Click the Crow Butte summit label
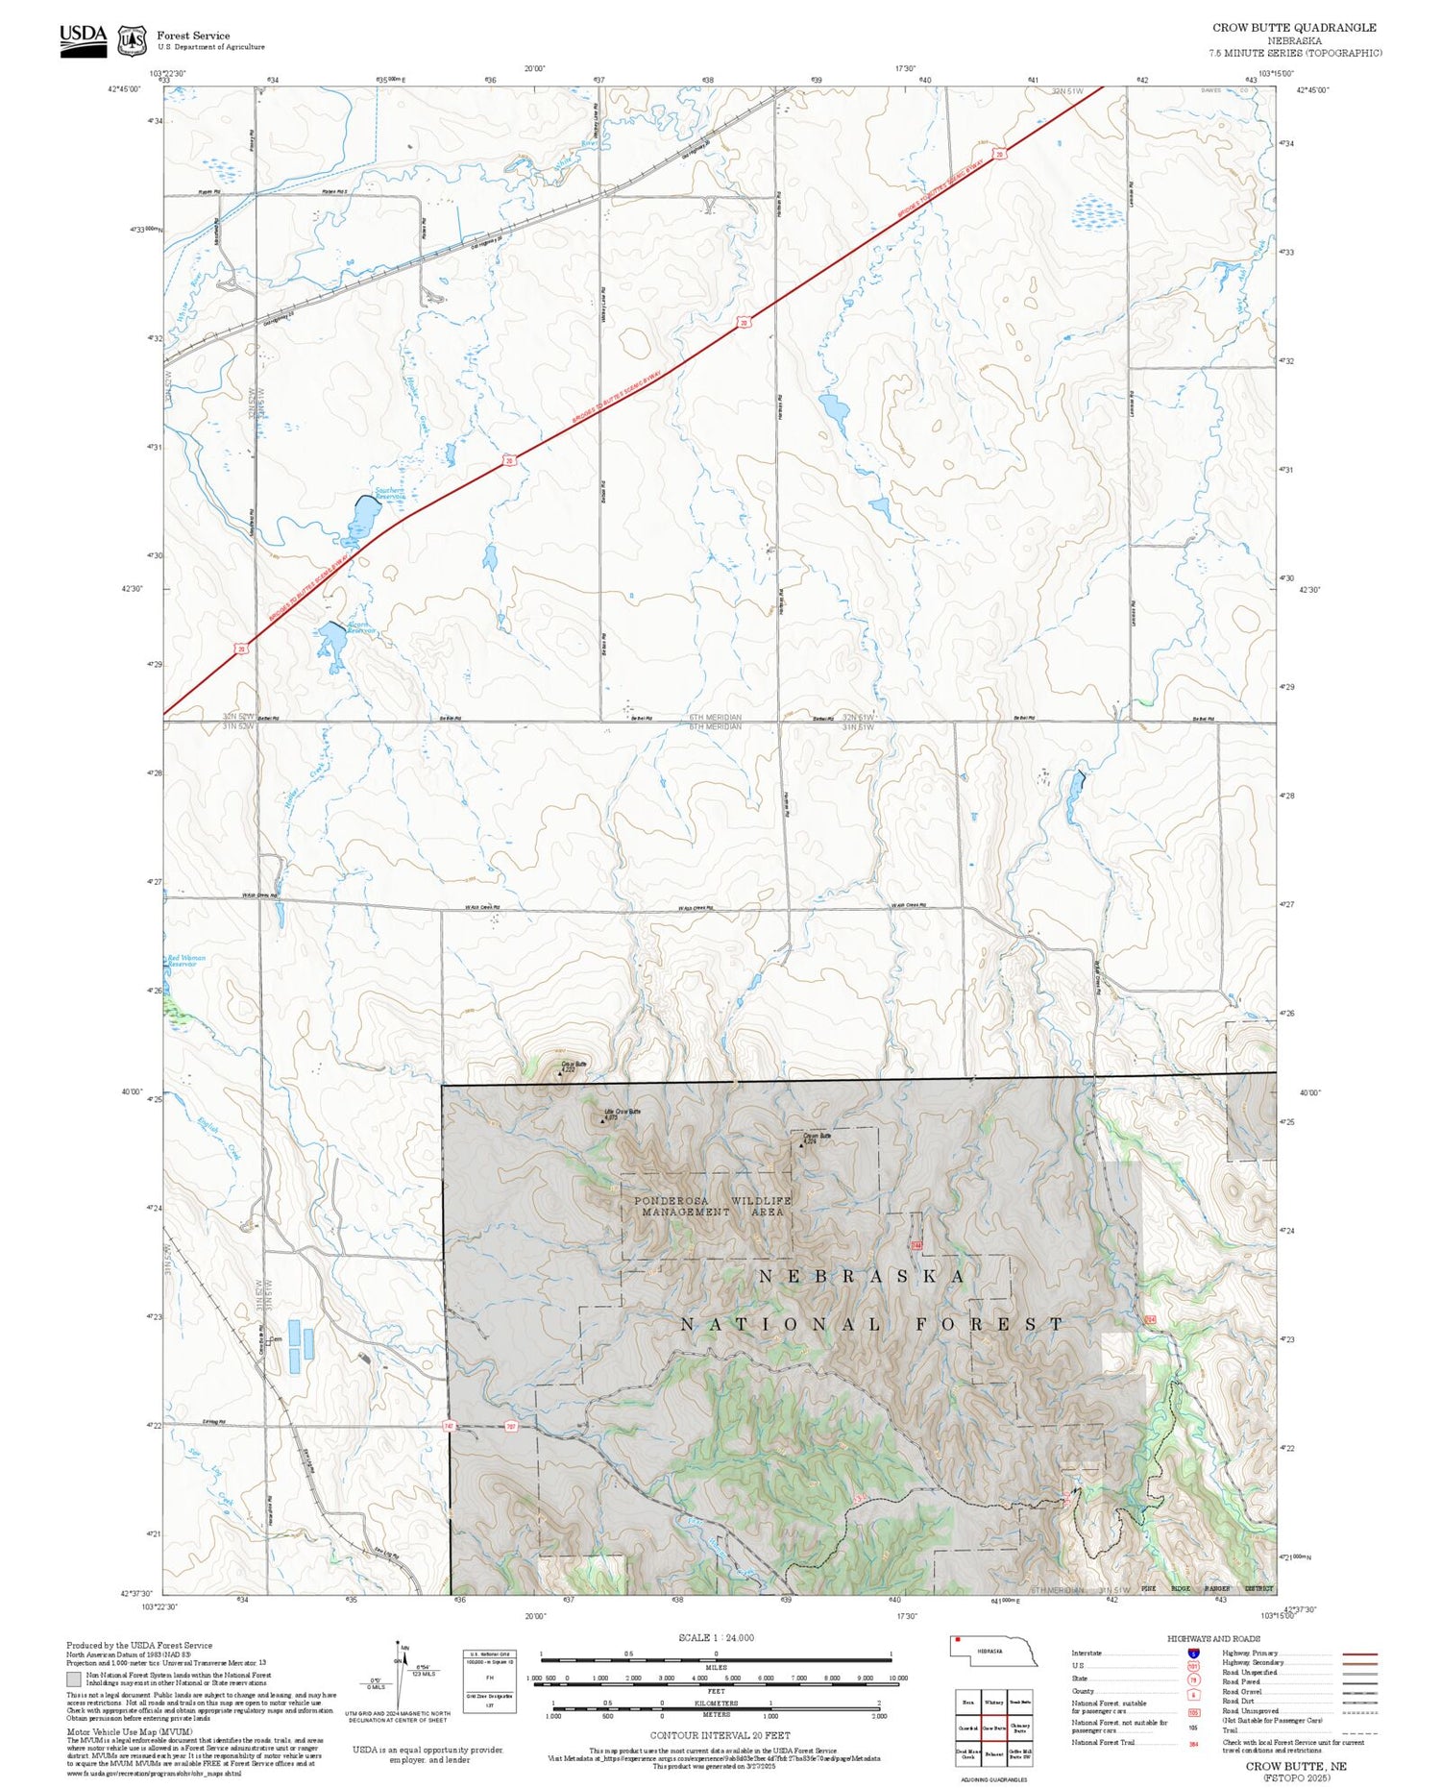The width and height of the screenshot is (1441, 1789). coord(574,1064)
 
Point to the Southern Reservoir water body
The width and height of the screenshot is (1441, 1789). coord(362,519)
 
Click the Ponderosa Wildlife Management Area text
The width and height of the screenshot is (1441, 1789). coord(712,1207)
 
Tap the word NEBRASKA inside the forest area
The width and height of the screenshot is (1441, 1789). coord(863,1276)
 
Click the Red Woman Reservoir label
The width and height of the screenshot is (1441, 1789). coord(186,960)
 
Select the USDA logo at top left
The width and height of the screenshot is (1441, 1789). coord(84,39)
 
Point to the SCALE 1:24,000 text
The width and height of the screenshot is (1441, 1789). coord(716,1637)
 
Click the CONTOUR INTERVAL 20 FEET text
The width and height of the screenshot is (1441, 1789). coord(720,1735)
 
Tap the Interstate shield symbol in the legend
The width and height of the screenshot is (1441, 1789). coord(1193,1654)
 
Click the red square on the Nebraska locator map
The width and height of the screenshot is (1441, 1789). coord(958,1641)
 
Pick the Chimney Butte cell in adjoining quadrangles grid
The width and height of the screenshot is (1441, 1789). coord(1020,1728)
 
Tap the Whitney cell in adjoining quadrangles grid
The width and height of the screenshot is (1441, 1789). coord(993,1702)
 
